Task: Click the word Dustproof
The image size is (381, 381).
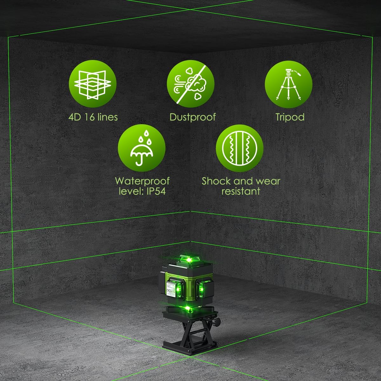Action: click(192, 117)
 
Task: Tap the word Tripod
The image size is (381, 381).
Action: click(290, 117)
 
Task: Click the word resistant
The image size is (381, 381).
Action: click(241, 191)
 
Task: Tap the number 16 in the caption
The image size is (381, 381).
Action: click(90, 117)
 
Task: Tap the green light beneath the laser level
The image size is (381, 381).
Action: click(188, 308)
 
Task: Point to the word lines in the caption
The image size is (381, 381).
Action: click(107, 117)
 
